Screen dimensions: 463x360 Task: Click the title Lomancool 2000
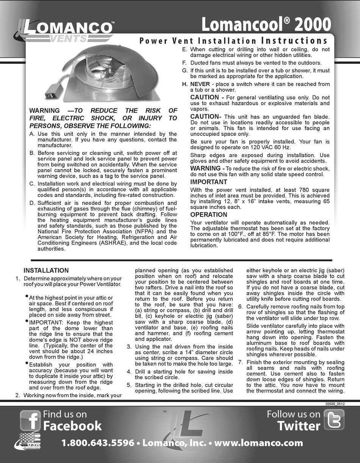pyautogui.click(x=266, y=25)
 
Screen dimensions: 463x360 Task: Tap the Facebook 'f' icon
pyautogui.click(x=30, y=420)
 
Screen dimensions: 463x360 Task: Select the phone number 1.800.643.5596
pyautogui.click(x=98, y=443)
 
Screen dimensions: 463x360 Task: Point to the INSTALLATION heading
pyautogui.click(x=46, y=270)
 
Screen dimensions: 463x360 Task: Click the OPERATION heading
pyautogui.click(x=208, y=215)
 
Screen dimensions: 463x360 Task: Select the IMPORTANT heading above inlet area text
pyautogui.click(x=208, y=182)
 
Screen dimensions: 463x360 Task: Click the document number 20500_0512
pyautogui.click(x=335, y=404)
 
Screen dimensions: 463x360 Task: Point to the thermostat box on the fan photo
pyautogui.click(x=53, y=90)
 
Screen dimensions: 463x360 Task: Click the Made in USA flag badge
pyautogui.click(x=28, y=443)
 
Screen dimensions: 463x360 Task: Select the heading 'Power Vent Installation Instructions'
pyautogui.click(x=233, y=41)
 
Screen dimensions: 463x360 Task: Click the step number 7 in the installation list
pyautogui.click(x=240, y=362)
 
